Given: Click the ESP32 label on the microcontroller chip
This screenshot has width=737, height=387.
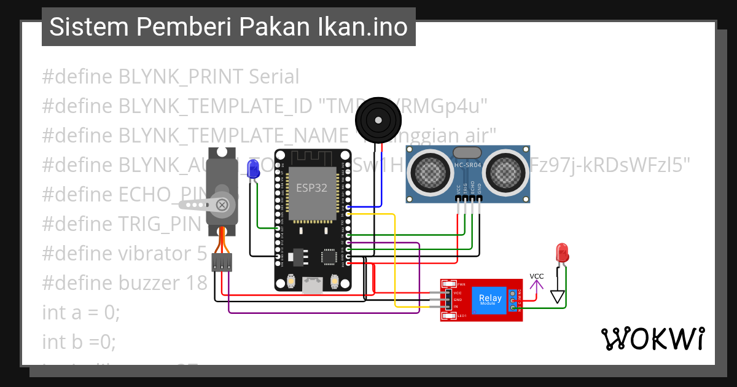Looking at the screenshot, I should click(x=312, y=188).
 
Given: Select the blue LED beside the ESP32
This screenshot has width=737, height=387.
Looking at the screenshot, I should click(x=252, y=169).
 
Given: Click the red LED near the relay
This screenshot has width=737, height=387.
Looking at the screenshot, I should click(x=561, y=252).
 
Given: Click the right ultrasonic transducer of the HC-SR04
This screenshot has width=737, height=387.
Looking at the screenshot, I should click(x=505, y=169).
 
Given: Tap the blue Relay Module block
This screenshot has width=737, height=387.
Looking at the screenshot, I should click(x=490, y=300).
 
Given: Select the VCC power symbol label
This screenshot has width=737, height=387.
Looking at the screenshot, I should click(x=537, y=276).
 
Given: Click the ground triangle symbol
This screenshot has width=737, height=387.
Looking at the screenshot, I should click(x=557, y=297).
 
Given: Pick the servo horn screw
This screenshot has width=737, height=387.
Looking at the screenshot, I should click(x=223, y=204).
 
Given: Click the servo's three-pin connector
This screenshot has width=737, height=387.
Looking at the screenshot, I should click(x=222, y=262).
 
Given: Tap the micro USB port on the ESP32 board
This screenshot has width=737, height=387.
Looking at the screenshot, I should click(x=313, y=284).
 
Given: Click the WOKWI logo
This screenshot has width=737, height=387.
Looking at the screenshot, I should click(x=653, y=338).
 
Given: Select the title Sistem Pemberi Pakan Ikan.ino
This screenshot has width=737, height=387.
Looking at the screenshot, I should click(x=228, y=27).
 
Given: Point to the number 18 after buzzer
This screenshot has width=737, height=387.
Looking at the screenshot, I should click(x=195, y=283).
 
